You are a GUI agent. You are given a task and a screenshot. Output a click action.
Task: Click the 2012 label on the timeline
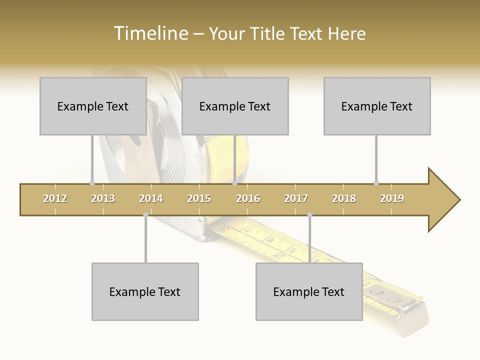(x=55, y=198)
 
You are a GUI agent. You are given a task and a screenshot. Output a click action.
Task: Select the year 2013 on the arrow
(x=103, y=198)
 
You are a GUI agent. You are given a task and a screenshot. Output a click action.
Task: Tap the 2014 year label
(x=151, y=198)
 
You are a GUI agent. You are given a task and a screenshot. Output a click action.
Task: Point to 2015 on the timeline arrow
(x=199, y=198)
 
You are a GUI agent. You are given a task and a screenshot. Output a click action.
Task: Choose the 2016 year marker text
(x=248, y=198)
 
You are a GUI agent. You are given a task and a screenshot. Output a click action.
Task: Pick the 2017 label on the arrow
(x=296, y=198)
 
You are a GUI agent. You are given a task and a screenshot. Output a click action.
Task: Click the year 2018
(x=344, y=198)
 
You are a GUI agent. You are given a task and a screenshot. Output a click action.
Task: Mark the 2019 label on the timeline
(x=392, y=198)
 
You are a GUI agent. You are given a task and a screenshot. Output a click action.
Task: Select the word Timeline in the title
(x=149, y=33)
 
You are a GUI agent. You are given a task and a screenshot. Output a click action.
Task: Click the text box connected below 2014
(x=145, y=291)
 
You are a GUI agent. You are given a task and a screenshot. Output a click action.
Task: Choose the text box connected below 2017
(x=309, y=291)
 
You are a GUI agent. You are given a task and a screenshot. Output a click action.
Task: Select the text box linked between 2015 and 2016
(x=235, y=106)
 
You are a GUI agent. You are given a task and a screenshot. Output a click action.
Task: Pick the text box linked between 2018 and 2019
(x=377, y=106)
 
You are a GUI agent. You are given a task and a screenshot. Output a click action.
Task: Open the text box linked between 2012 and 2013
(x=93, y=106)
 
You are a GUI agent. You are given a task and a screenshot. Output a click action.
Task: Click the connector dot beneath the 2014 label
(x=145, y=215)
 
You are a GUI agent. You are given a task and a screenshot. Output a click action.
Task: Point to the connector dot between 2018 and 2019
(x=376, y=183)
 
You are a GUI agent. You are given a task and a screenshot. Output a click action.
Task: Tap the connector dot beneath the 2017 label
(x=309, y=215)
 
